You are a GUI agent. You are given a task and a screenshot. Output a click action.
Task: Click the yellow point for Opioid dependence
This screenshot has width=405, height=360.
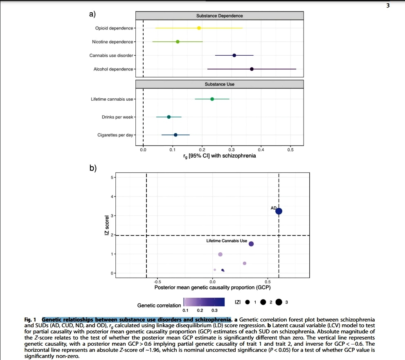(x=199, y=28)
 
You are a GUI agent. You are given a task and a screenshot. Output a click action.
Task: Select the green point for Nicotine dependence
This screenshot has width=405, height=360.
(x=178, y=42)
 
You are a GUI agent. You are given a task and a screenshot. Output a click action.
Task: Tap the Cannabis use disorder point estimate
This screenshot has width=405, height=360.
(x=234, y=55)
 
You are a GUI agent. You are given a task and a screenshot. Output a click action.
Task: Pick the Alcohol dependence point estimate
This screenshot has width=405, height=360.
(x=252, y=69)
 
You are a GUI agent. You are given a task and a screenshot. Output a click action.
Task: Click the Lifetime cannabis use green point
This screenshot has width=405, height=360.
(x=212, y=99)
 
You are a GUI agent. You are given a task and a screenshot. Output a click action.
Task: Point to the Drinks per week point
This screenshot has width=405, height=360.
(x=169, y=117)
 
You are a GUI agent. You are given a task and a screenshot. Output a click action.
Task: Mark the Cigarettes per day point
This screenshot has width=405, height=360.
(x=175, y=135)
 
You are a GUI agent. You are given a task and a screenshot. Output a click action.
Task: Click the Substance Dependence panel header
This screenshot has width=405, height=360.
(x=220, y=16)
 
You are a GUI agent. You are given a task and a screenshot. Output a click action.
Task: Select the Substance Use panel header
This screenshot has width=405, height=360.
(x=220, y=84)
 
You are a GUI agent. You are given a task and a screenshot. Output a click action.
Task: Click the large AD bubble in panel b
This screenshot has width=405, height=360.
(x=279, y=211)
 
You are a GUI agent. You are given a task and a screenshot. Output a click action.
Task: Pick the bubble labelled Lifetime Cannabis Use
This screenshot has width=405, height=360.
(x=251, y=244)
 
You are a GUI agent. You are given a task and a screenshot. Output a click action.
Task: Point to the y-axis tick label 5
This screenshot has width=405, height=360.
(x=110, y=177)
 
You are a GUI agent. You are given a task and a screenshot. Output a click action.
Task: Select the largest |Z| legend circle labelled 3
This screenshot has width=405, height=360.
(x=279, y=302)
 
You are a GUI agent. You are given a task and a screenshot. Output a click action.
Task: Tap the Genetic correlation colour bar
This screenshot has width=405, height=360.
(x=204, y=302)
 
